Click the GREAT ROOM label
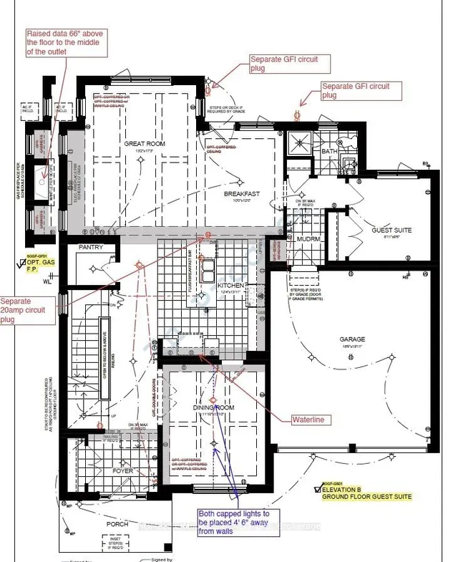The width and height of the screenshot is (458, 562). (x=145, y=144)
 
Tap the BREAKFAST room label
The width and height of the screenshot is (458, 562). (x=241, y=194)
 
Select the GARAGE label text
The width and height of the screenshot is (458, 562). (x=352, y=339)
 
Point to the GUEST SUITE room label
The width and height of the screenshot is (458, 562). (x=391, y=231)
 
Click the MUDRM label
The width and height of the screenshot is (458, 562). (x=308, y=239)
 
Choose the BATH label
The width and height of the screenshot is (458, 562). (x=329, y=151)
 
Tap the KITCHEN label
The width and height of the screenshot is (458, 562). (x=231, y=285)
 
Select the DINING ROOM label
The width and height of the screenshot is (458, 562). (x=213, y=407)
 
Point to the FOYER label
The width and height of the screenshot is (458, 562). (x=123, y=471)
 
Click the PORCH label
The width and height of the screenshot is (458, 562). (x=117, y=524)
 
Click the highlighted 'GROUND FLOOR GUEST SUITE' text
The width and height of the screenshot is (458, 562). (x=366, y=496)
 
